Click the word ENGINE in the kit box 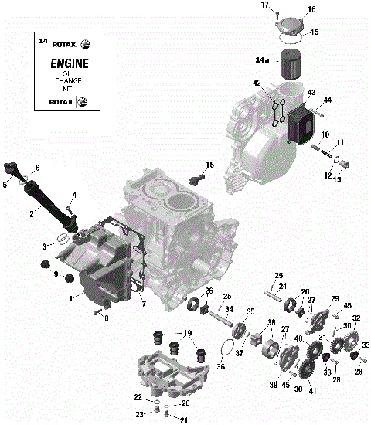point(69,64)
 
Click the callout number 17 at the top point(264,5)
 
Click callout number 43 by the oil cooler point(311,93)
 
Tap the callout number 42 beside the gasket point(257,83)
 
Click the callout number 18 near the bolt point(209,165)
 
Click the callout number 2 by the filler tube point(31,214)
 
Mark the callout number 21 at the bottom point(184,419)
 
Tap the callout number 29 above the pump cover point(335,298)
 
